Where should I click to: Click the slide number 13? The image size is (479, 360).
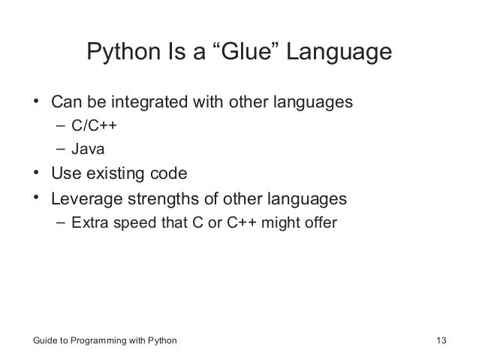coord(441,342)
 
